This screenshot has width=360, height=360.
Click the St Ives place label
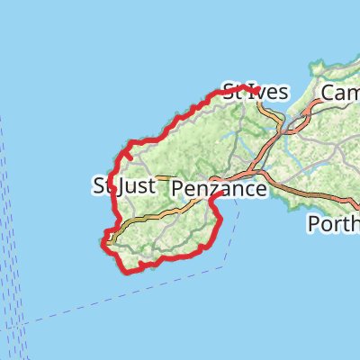(256, 91)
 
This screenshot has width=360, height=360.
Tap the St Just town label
(124, 186)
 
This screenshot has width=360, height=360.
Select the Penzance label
(219, 189)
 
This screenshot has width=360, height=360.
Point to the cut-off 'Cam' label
(340, 94)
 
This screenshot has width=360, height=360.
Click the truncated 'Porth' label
(333, 223)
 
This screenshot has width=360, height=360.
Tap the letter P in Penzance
(178, 189)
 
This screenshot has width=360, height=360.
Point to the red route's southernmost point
(123, 269)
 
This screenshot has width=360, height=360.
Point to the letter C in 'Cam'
(328, 94)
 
